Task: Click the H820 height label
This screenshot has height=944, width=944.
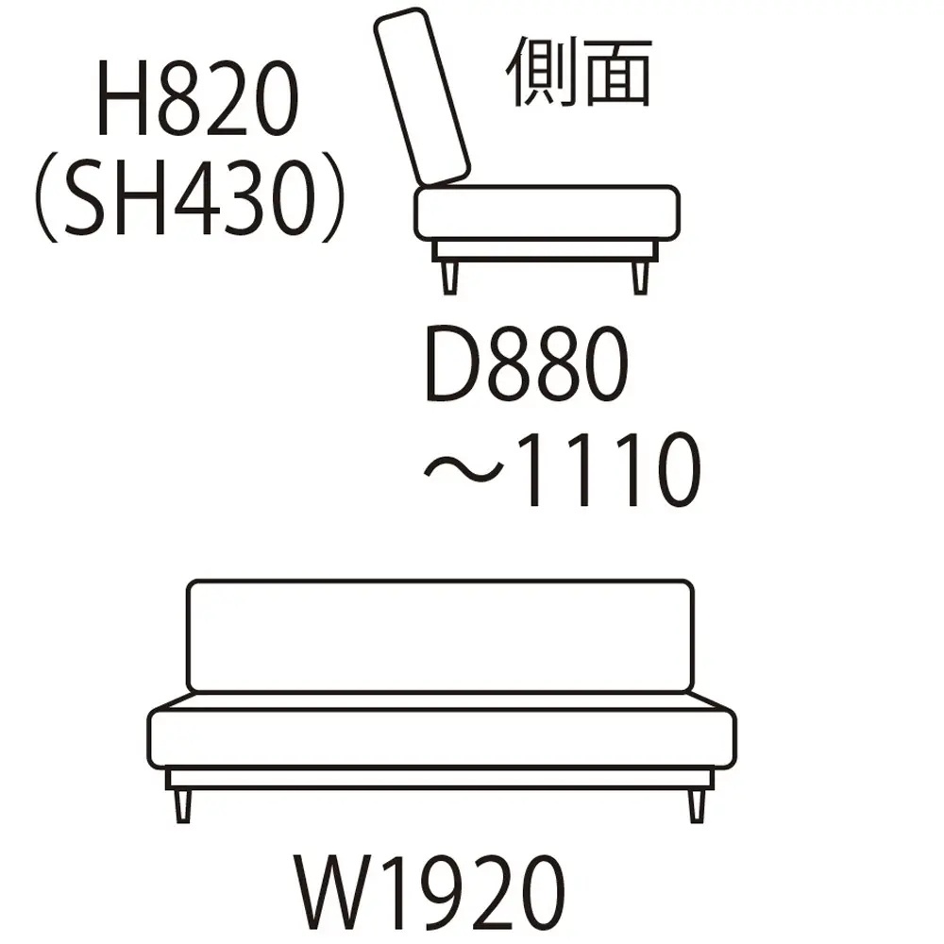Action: click(197, 98)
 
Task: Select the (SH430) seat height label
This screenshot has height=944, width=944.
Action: click(191, 197)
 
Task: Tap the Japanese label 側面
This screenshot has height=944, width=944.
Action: click(580, 72)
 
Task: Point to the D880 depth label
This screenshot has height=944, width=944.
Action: click(526, 363)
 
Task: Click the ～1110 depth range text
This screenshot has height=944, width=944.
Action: click(563, 469)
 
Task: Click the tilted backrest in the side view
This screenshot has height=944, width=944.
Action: click(421, 96)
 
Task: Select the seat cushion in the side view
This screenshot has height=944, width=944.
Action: click(547, 213)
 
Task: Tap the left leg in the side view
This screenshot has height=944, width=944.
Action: click(449, 278)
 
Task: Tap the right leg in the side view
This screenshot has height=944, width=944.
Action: click(641, 278)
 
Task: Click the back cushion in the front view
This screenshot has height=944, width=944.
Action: click(440, 635)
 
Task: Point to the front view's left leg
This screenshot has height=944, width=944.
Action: click(183, 806)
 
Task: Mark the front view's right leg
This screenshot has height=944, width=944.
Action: click(697, 806)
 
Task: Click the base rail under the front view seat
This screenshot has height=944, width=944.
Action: click(440, 779)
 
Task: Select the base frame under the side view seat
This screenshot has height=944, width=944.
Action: click(546, 251)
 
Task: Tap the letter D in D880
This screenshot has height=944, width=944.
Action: click(451, 363)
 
